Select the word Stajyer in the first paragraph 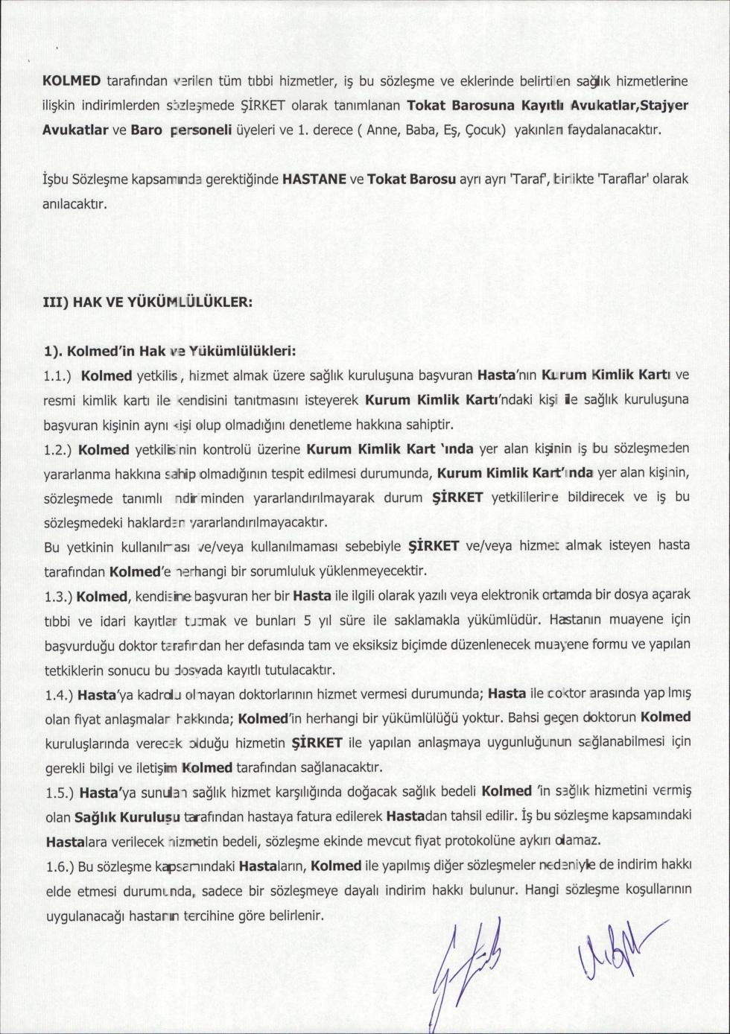[x=664, y=104]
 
